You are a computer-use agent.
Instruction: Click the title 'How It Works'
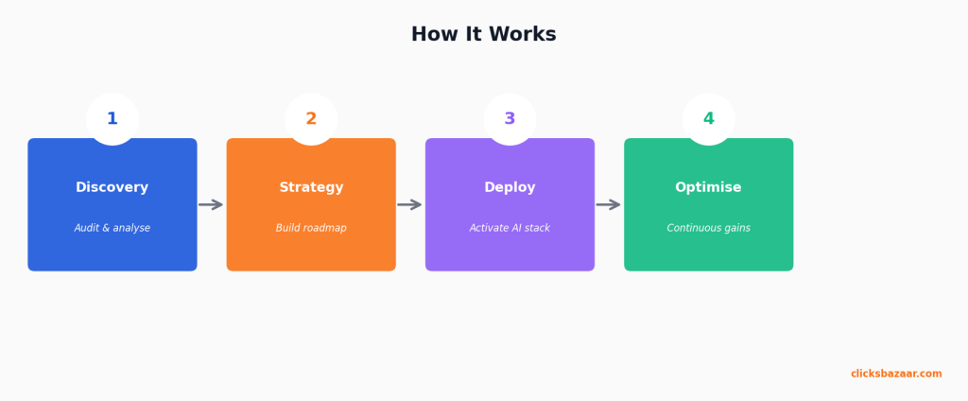coord(483,35)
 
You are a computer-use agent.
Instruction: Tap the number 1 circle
coord(112,119)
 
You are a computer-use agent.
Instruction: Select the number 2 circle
coord(311,119)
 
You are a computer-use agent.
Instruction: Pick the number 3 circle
coord(510,119)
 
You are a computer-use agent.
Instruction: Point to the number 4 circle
coord(708,119)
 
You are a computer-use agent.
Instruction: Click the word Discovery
coord(112,187)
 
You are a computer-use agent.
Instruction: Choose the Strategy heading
coord(311,187)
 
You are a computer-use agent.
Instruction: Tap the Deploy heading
coord(510,187)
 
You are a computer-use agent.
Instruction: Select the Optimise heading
coord(708,187)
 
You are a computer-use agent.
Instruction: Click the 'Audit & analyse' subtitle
coord(112,228)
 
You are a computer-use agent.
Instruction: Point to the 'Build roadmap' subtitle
coord(311,228)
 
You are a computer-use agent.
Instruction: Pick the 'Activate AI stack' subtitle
coord(510,228)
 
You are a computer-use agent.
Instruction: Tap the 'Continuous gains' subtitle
coord(708,228)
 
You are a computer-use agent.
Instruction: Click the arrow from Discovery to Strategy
coord(211,204)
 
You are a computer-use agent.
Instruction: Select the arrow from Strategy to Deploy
coord(409,204)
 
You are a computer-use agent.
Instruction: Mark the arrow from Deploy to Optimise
coord(608,204)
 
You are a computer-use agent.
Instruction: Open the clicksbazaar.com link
coord(895,374)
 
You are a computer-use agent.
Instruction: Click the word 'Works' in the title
coord(524,35)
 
